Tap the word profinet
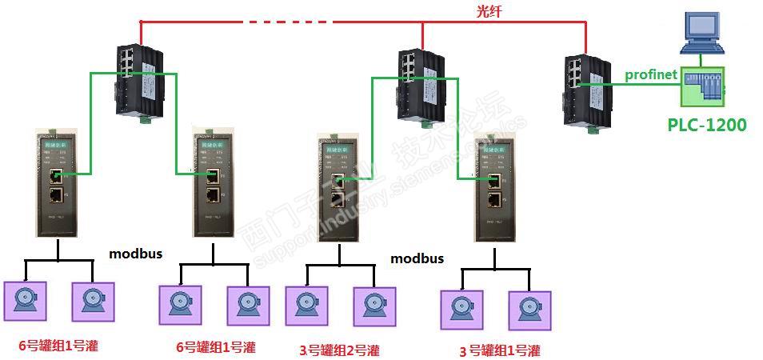(651, 74)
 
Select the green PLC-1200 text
(707, 124)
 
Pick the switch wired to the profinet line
(582, 90)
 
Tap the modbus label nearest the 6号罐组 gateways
(136, 254)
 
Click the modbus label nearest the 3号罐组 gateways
(417, 258)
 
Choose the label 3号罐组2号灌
(340, 350)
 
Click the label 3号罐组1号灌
(500, 350)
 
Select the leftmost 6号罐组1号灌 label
(58, 346)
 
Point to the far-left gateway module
(58, 185)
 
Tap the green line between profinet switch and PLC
(632, 83)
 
